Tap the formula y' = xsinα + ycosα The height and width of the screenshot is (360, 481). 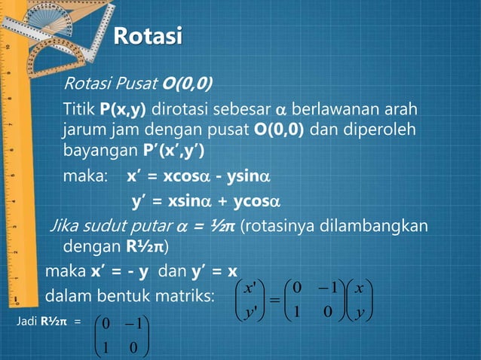tap(206, 202)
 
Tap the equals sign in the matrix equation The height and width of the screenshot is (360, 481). tap(274, 301)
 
